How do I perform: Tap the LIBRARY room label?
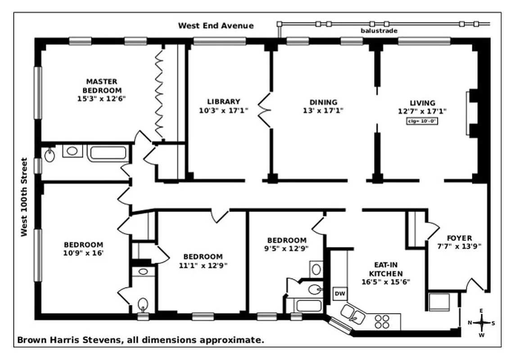coord(224,102)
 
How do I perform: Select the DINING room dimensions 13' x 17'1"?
coord(323,110)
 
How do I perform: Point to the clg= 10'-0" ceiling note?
coord(422,121)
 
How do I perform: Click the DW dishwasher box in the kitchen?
coord(340,294)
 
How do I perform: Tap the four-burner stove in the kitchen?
coord(382,322)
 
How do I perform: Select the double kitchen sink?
coord(352,313)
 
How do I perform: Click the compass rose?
coord(481,323)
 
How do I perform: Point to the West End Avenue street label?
coord(216,26)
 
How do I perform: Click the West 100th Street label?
coord(24,197)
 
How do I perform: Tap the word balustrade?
coord(379,31)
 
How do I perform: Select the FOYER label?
coord(459,238)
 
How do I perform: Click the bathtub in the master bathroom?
coord(107,152)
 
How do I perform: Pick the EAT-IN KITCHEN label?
coord(386,269)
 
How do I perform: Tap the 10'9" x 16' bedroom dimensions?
coord(83,253)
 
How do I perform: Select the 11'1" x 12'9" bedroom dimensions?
coord(203,265)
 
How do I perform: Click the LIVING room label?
coord(422,103)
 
